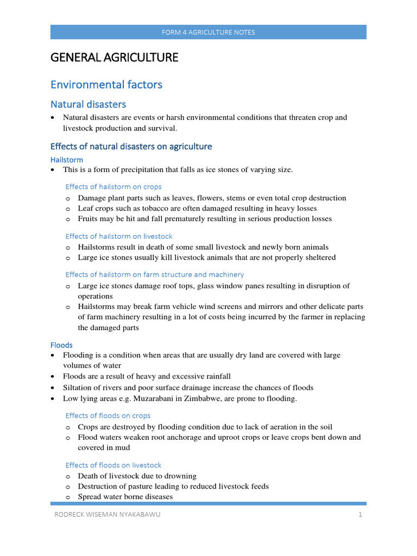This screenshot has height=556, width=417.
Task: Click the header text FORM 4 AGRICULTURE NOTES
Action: coord(208,32)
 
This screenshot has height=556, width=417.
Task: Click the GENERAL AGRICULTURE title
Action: coord(114,57)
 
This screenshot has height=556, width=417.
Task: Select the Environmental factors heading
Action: coord(106,85)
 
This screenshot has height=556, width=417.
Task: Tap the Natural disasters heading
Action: coord(88,104)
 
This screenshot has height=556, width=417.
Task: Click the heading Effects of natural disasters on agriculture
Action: coord(131,147)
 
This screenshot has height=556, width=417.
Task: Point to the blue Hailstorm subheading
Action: coord(67,160)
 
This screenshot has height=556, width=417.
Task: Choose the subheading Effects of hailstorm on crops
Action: coord(113,187)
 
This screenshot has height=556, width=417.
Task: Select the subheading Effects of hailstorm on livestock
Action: coord(119,236)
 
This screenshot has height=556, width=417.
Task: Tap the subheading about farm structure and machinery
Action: coord(155,275)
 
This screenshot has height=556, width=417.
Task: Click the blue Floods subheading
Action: coord(61,345)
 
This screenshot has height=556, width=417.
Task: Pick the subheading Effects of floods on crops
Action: coord(108,416)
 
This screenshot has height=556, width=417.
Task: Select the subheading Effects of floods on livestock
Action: coord(113,465)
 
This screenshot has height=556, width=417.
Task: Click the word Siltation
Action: coord(78,388)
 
